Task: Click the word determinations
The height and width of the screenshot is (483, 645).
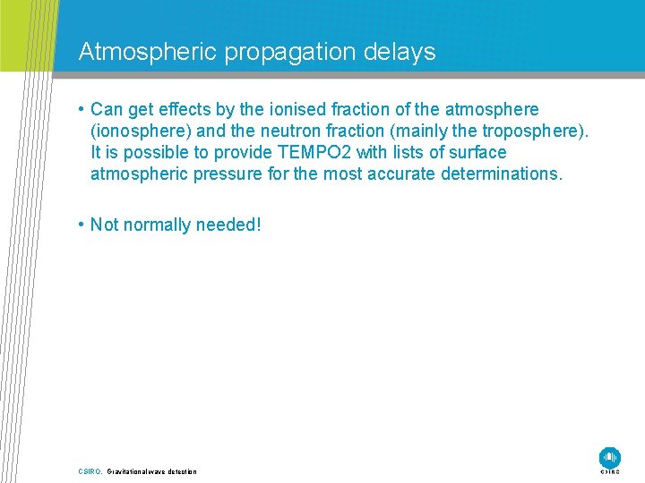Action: tap(501, 174)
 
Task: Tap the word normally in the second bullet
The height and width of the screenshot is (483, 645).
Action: tap(153, 225)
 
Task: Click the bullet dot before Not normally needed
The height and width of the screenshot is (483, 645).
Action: tap(82, 225)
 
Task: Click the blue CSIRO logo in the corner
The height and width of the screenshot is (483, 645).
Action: tap(610, 457)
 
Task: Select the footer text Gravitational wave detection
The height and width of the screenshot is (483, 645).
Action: tap(151, 471)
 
